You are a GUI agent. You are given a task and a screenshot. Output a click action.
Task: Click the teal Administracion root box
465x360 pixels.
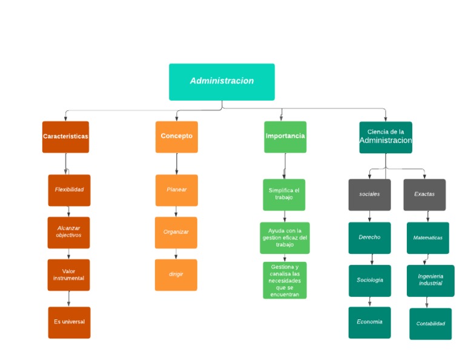[x=222, y=82]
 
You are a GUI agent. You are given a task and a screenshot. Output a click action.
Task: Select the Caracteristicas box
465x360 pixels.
[x=65, y=137]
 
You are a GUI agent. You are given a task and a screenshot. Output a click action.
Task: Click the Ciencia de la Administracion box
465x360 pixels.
[x=386, y=138]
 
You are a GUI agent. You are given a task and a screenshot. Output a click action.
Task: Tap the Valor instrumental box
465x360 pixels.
[x=68, y=275]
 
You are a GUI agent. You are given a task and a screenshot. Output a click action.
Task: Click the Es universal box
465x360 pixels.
[x=69, y=322]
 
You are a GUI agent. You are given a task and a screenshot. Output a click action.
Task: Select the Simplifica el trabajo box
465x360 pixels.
[x=284, y=195]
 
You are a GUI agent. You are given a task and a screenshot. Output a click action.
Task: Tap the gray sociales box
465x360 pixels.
[x=369, y=195]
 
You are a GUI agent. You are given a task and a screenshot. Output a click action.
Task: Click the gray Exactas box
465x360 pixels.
[x=424, y=195]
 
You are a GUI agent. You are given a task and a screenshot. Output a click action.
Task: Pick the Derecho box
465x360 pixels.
[x=369, y=238]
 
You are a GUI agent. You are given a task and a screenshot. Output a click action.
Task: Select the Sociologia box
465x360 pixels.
[x=369, y=281]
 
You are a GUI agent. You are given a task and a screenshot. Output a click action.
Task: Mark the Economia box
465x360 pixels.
[x=369, y=322]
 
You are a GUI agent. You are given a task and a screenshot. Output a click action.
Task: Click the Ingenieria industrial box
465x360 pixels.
[x=430, y=281]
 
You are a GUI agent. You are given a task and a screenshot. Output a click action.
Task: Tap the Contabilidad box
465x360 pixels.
[x=430, y=324]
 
